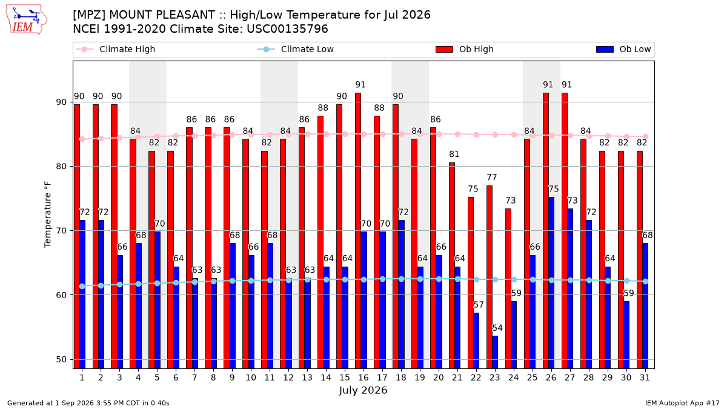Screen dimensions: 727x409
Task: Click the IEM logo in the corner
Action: [x=26, y=19]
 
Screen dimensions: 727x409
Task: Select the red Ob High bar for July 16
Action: [x=358, y=231]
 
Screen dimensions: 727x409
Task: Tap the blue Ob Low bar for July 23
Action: [x=495, y=352]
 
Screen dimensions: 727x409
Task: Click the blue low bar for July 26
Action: [x=551, y=283]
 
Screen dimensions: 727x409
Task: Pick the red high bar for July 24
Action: [x=508, y=288]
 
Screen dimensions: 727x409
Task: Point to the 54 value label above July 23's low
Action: [x=497, y=328]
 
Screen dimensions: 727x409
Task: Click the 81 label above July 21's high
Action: [x=454, y=154]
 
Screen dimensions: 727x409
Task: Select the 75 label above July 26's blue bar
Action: [x=554, y=189]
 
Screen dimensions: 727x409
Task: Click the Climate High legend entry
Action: [x=115, y=49]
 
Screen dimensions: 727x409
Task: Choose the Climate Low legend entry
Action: [x=296, y=49]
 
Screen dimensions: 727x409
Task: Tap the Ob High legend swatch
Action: [x=444, y=49]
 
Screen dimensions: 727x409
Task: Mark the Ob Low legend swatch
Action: [x=605, y=49]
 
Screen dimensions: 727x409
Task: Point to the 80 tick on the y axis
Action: [x=61, y=167]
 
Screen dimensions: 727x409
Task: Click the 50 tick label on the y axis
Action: [x=61, y=360]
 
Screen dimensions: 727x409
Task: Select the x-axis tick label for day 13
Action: [x=307, y=377]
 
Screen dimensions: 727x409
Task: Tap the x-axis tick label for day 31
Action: [x=645, y=377]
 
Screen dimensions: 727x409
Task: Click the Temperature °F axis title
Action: [x=48, y=214]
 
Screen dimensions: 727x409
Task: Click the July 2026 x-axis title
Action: [x=363, y=390]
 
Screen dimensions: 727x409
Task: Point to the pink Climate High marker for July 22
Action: [x=476, y=135]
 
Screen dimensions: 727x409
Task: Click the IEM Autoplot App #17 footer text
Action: [x=682, y=403]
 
